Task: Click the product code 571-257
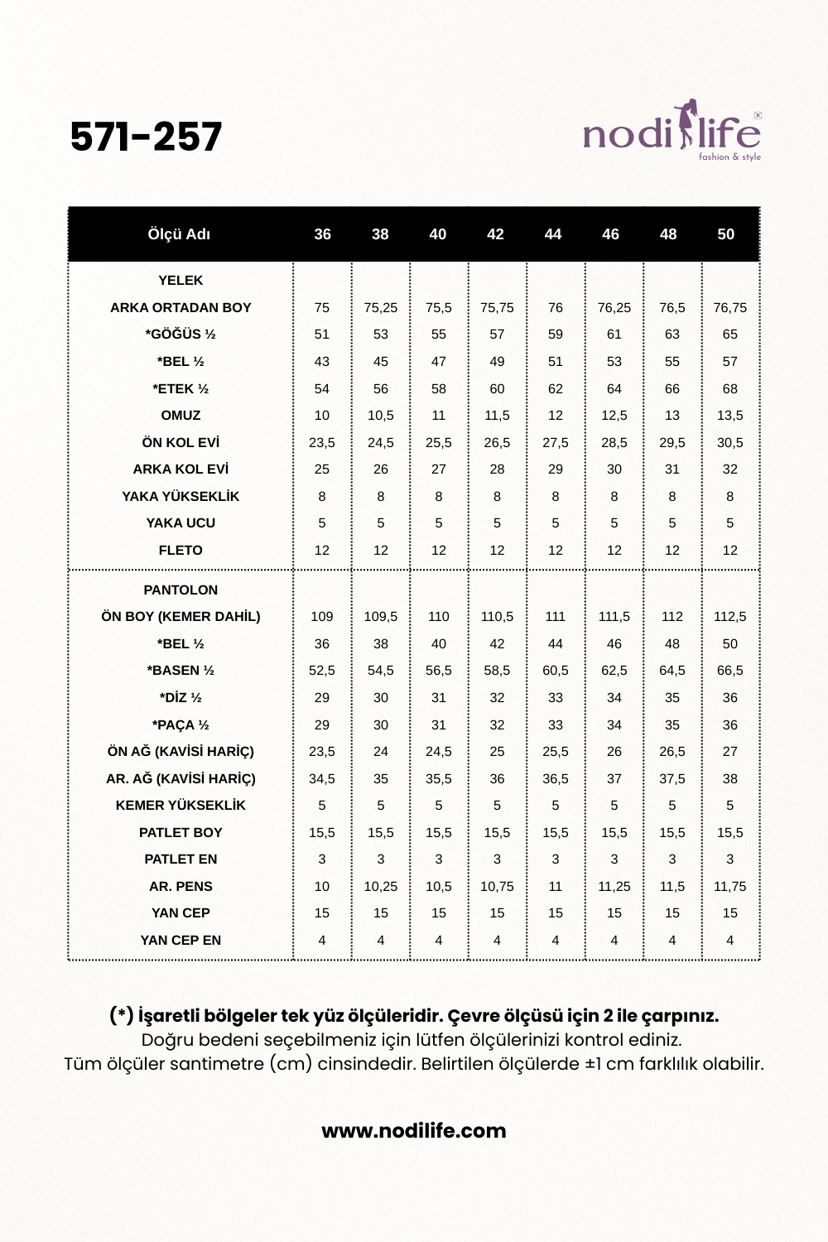click(x=147, y=137)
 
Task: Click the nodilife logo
click(x=672, y=132)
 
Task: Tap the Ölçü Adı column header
click(x=179, y=234)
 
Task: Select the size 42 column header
click(x=495, y=234)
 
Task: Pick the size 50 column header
click(x=725, y=234)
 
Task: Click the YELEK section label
click(x=181, y=281)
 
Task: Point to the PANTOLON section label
click(x=181, y=590)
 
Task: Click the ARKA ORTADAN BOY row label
click(x=181, y=308)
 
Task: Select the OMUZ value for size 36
click(x=322, y=416)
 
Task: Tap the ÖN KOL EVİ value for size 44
click(x=556, y=443)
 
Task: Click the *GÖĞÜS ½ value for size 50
click(x=729, y=335)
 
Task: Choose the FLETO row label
click(x=181, y=551)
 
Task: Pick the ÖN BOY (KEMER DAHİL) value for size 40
click(x=439, y=617)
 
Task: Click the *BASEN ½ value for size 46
click(x=614, y=671)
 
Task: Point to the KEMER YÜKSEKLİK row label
click(x=181, y=806)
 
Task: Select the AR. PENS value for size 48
click(x=672, y=887)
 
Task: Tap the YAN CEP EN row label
click(x=181, y=941)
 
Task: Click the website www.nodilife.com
click(x=414, y=1131)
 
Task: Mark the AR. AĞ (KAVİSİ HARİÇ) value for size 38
click(x=381, y=779)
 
